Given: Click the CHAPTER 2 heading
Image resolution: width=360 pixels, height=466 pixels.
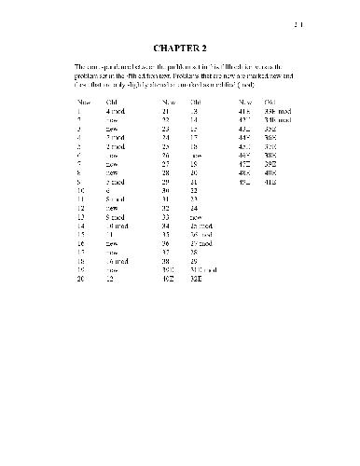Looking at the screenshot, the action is pyautogui.click(x=179, y=46).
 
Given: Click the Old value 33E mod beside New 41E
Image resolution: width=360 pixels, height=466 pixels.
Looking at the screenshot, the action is pyautogui.click(x=278, y=111).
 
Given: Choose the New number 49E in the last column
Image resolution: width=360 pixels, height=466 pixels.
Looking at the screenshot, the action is pyautogui.click(x=245, y=182).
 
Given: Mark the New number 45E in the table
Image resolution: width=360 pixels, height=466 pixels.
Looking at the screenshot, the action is pyautogui.click(x=245, y=146).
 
